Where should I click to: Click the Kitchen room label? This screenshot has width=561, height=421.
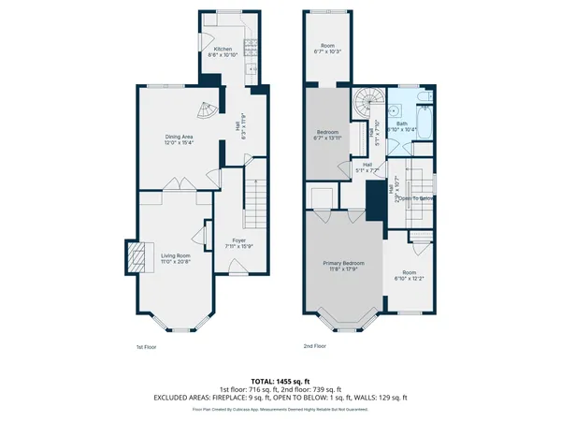(x=223, y=49)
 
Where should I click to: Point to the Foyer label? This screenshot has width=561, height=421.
(x=239, y=240)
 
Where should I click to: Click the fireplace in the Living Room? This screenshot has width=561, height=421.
(x=137, y=255)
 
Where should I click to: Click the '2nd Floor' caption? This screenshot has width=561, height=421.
(x=316, y=346)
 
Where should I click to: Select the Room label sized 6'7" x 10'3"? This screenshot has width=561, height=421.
(x=327, y=45)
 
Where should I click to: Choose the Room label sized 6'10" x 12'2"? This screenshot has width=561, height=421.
(x=409, y=250)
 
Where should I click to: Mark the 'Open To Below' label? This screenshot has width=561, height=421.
(x=416, y=198)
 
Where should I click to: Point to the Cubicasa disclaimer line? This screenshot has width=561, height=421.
(x=280, y=409)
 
